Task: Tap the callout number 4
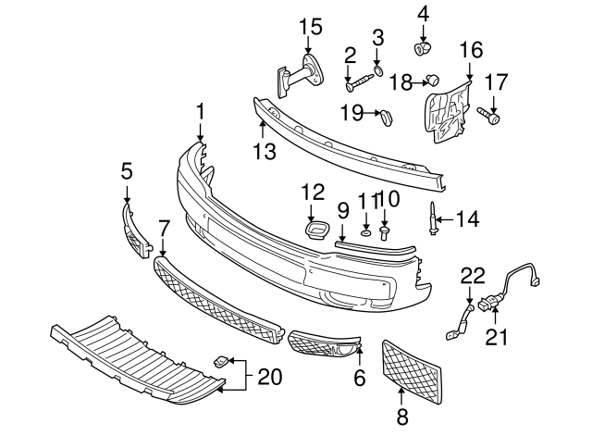pos(423,13)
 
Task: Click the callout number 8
pos(402,417)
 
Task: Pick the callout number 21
pos(498,338)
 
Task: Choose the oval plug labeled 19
pos(388,116)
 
